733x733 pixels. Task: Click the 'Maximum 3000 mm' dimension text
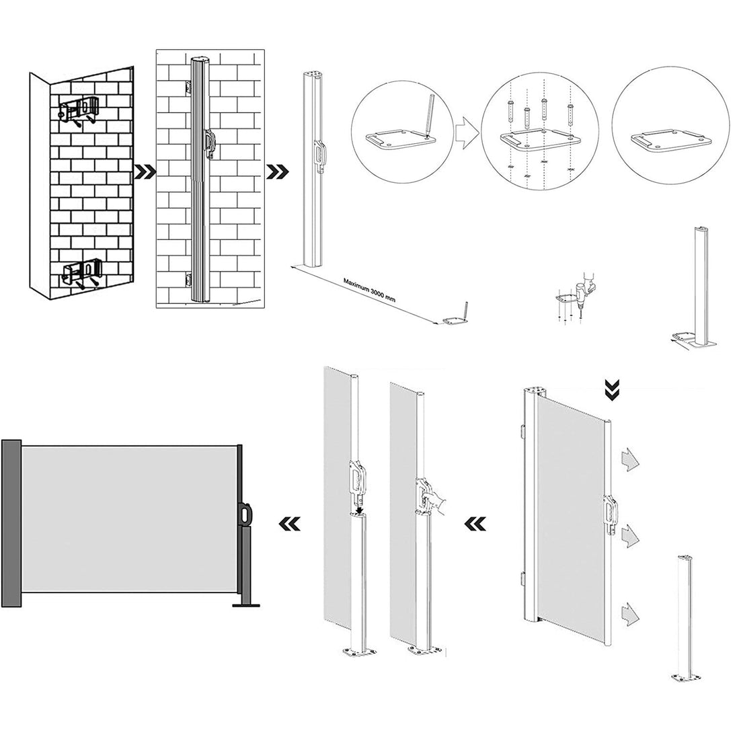369,291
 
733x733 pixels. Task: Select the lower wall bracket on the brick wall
82,272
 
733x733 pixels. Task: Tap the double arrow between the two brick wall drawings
145,171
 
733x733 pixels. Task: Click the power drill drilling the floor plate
584,288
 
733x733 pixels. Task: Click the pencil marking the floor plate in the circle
430,114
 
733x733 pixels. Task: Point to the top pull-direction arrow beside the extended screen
629,460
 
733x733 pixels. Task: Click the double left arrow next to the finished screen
289,524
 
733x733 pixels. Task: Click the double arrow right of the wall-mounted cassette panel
278,171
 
